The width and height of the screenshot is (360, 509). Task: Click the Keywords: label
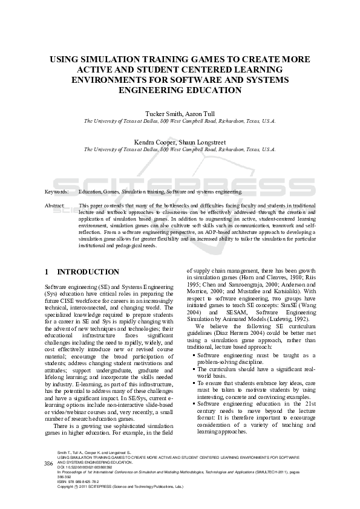(56, 191)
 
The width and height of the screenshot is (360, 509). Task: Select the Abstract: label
(55, 206)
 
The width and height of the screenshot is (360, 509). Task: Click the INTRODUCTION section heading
(88, 273)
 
